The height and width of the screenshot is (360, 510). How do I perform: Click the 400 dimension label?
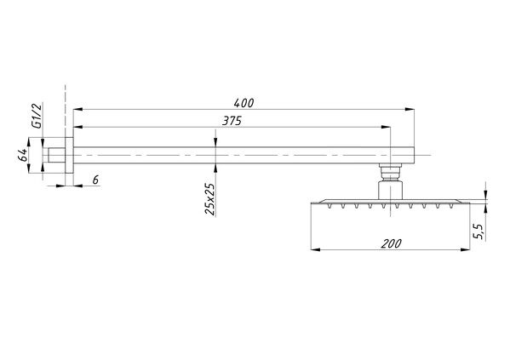[x=244, y=103]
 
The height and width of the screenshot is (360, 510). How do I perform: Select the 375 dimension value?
[x=232, y=121]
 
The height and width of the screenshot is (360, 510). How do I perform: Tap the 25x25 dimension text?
[x=209, y=199]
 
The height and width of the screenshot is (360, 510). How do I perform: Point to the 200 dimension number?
[x=392, y=243]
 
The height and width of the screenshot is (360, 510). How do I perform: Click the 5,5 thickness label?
[x=479, y=231]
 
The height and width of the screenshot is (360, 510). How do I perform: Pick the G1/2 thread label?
[x=37, y=116]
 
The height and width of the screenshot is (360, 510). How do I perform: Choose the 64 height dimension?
[x=22, y=156]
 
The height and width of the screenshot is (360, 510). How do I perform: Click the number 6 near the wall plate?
[x=95, y=180]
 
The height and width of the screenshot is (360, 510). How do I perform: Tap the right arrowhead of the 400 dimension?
[x=410, y=110]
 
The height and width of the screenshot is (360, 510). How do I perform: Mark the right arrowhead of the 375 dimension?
[x=386, y=127]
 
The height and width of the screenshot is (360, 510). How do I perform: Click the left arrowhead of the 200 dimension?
[x=316, y=249]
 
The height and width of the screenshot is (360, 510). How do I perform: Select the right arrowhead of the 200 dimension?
[x=465, y=249]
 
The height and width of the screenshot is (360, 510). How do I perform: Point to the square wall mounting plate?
[x=69, y=156]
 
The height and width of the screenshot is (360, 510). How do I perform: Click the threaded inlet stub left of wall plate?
[x=57, y=155]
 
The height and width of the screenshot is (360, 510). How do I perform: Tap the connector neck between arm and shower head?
[x=390, y=181]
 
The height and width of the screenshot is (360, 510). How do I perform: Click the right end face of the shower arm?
[x=414, y=155]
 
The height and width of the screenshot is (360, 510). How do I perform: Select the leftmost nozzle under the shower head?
[x=329, y=205]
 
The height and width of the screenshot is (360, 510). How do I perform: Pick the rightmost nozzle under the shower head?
[x=451, y=205]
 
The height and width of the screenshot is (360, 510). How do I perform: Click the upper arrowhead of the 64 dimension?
[x=29, y=142]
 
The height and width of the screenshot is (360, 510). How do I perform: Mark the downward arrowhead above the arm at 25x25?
[x=215, y=142]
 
